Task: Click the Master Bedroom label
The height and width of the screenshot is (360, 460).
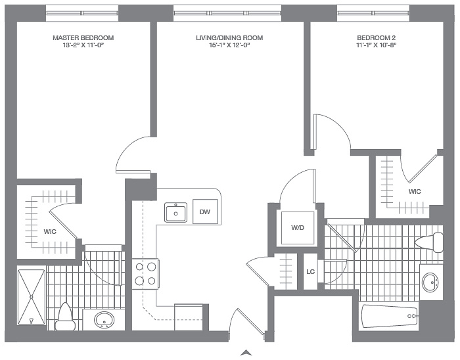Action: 83,38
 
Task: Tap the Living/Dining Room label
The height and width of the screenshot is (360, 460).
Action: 229,38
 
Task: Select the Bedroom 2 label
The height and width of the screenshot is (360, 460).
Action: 377,38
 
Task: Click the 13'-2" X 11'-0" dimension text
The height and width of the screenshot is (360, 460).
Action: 83,45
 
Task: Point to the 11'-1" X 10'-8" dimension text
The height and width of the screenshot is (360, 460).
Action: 377,45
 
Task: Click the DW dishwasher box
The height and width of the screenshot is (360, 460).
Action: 205,212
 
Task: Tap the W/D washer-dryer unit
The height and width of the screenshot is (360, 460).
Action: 298,228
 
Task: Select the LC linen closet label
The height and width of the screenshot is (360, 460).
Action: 310,272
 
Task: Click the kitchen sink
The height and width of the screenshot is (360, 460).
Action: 175,212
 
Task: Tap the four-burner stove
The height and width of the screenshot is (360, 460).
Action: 145,274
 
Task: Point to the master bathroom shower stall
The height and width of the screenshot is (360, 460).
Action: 32,298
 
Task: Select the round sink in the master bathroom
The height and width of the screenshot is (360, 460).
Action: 104,320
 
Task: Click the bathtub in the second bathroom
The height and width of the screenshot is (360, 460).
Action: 390,317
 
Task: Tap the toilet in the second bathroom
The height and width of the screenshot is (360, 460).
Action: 429,243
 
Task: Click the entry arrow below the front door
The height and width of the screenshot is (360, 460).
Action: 246,353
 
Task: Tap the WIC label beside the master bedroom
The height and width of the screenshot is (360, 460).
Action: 50,232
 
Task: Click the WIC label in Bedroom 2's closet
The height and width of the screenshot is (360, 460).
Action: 415,192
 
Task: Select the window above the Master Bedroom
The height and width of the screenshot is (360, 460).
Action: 82,13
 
